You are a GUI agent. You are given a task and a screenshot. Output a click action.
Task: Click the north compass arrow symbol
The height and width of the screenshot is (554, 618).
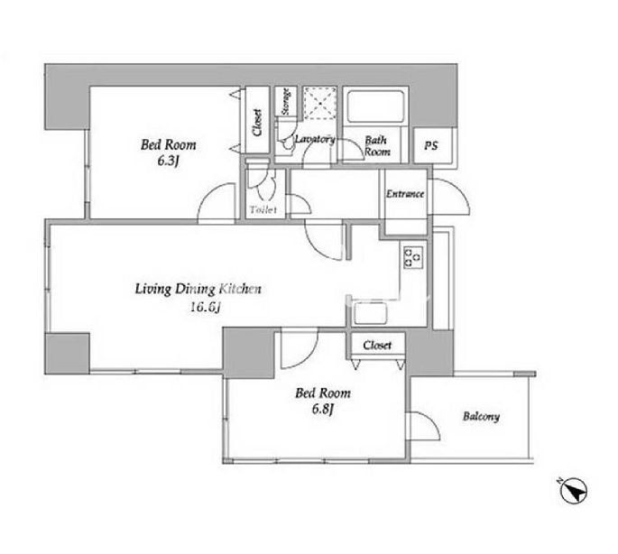[x=574, y=491]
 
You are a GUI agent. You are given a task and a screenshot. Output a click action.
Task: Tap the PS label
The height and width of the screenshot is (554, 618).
[x=430, y=145]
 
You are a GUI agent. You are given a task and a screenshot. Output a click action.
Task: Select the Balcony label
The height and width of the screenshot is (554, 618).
[x=481, y=416]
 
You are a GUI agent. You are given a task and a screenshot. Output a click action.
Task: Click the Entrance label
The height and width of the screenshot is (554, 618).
[x=405, y=194]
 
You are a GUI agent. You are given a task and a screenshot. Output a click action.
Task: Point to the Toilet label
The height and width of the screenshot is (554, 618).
[x=263, y=209]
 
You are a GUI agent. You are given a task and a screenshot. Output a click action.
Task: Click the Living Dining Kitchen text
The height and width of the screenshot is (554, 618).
[x=198, y=289]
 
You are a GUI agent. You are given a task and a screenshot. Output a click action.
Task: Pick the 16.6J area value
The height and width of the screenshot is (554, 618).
[x=205, y=307]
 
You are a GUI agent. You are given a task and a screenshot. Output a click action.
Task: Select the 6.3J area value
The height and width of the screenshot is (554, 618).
[x=169, y=161]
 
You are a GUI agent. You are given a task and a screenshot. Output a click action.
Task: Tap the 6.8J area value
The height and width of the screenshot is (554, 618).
[x=323, y=410]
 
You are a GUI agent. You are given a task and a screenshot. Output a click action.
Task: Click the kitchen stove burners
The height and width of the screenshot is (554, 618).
[x=413, y=257]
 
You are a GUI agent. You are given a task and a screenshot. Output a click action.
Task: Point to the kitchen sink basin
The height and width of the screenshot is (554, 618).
[x=370, y=313]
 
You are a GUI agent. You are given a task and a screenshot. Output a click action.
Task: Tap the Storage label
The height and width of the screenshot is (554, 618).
[x=286, y=101]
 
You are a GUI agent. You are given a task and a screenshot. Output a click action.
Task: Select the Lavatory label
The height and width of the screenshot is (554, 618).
[x=315, y=139]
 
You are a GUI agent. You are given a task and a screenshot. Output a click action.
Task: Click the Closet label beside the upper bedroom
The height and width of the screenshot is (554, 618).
[x=257, y=123]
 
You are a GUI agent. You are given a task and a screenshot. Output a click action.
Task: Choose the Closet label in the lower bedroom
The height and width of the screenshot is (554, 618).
[x=377, y=345]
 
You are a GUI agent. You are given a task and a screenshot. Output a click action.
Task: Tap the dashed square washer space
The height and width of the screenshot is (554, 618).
[x=320, y=103]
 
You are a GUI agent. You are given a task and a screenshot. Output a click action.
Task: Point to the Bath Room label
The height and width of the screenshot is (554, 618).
[x=377, y=146]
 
